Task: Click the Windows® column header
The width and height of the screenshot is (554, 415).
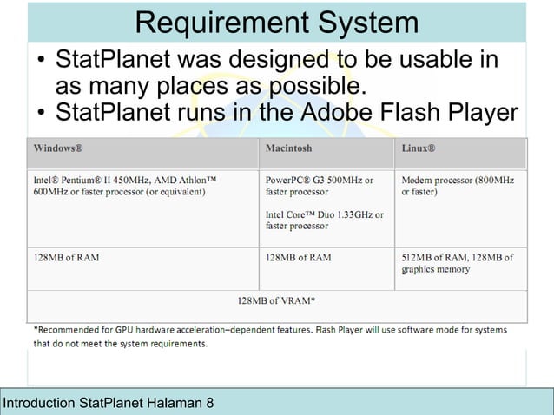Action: point(59,148)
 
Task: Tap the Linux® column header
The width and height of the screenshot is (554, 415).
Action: point(419,148)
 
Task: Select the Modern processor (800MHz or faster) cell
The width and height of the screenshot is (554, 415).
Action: point(458,185)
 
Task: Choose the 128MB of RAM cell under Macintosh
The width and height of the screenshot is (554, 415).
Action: point(298,258)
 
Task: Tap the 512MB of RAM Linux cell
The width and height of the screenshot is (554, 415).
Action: point(457,263)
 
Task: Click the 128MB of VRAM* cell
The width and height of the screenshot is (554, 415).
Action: point(276,301)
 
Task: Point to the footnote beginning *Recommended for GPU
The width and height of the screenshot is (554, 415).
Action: point(269,336)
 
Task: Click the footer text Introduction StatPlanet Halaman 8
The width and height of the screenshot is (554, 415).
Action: point(109,404)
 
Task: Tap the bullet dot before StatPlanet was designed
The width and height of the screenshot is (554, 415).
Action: point(41,63)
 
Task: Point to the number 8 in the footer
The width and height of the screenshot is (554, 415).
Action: point(209,404)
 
